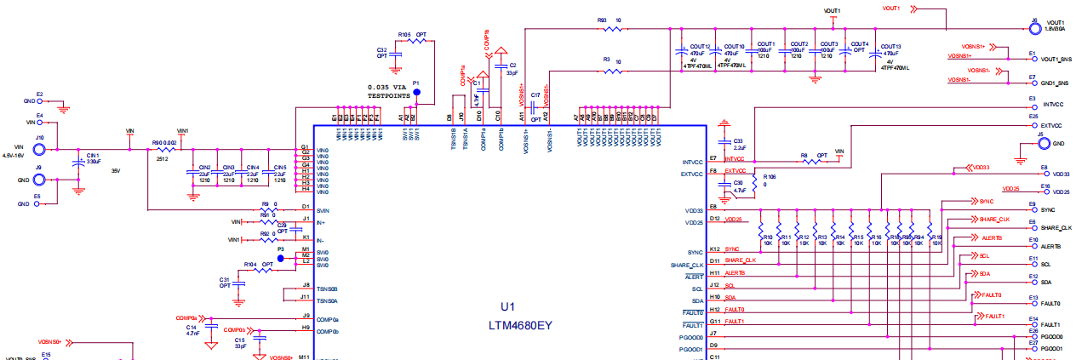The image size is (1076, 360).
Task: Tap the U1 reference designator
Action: pos(508,306)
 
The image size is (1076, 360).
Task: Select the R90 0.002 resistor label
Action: pos(165,143)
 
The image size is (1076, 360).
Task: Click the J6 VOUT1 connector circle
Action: pos(1034,27)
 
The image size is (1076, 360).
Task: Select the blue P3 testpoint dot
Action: pos(280,258)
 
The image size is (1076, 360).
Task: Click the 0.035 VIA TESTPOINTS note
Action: pos(395,92)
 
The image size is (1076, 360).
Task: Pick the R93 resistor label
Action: pos(602,20)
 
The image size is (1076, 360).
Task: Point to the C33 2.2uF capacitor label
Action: pos(738,144)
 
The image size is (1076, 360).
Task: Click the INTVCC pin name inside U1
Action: pos(692,162)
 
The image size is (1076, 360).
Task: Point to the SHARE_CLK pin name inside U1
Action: pos(686,265)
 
